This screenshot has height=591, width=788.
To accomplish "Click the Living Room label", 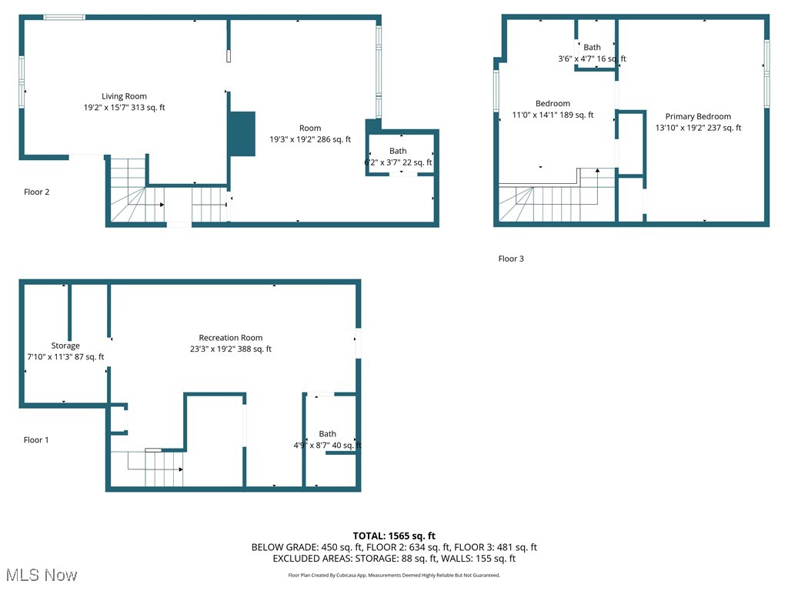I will (x=124, y=97).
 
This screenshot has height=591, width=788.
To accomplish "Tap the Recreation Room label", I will (x=231, y=338).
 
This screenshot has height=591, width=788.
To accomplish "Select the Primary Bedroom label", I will (x=698, y=117).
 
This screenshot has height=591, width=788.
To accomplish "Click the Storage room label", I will (x=65, y=346).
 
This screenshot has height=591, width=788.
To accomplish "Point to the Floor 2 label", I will (x=37, y=192).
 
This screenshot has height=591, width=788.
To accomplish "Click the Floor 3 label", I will (x=511, y=259).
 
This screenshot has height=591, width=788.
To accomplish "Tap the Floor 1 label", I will (x=37, y=440).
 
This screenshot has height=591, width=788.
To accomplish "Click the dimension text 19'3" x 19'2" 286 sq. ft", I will (x=310, y=139).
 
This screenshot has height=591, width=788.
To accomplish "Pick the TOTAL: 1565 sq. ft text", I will (x=394, y=536).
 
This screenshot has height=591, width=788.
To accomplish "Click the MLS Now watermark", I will (x=42, y=575).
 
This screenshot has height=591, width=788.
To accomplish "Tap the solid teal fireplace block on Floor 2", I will (x=242, y=134).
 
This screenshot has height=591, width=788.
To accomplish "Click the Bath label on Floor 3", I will (x=592, y=48).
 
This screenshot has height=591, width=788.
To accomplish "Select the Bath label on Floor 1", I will (x=327, y=434).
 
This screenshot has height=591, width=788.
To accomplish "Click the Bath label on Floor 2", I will (x=398, y=151).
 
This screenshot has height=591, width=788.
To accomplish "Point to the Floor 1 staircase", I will (x=154, y=469).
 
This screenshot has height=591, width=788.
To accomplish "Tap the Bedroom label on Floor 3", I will (x=553, y=104).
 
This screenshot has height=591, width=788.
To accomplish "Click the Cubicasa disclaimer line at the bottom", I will (x=394, y=575).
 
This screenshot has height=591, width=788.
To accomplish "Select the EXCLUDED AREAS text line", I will (x=394, y=559).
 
